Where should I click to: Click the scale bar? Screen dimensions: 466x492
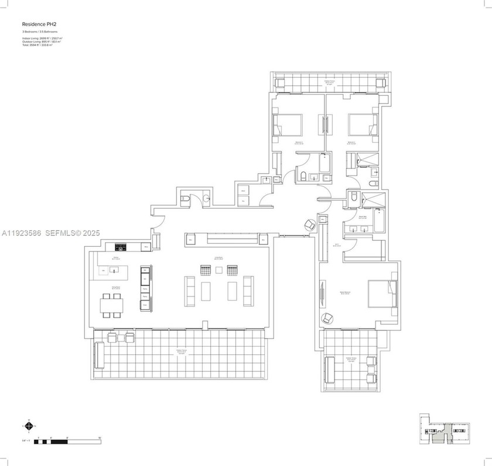(x=67, y=441)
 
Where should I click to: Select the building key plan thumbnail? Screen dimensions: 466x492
(x=445, y=432)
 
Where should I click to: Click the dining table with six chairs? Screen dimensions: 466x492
(x=112, y=305)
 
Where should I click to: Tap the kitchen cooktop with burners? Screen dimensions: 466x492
(x=120, y=247)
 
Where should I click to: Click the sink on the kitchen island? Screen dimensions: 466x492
(x=112, y=270)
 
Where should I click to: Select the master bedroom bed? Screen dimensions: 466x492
(x=382, y=294)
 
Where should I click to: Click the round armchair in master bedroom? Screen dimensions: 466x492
(x=327, y=317)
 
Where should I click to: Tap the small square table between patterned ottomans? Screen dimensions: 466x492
(x=219, y=270)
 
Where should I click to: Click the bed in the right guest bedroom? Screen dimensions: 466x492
(x=363, y=125)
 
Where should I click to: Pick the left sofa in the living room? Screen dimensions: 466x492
(x=190, y=291)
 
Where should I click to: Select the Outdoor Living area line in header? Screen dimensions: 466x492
(x=43, y=41)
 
